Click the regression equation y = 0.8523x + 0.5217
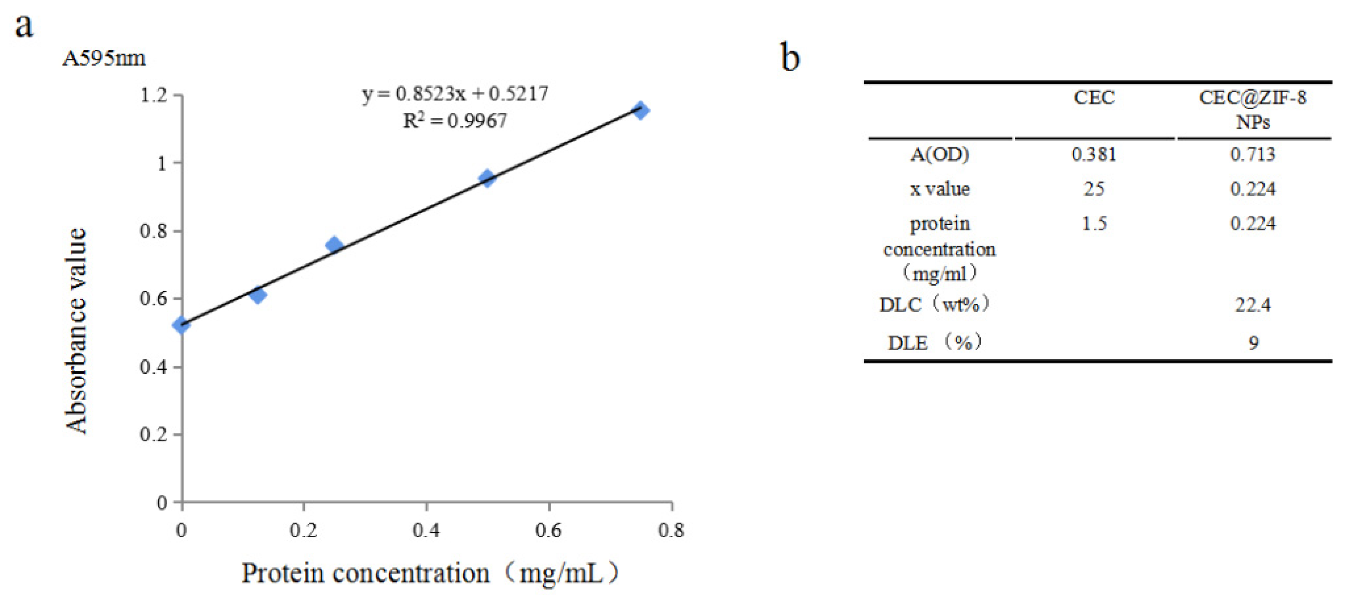pos(455,94)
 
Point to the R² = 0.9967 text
pos(455,121)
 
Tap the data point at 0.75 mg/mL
pos(640,110)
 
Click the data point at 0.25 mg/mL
pos(334,245)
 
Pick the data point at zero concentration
pos(181,324)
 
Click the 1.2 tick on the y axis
pos(154,96)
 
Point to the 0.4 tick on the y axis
pos(154,367)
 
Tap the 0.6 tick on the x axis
pos(548,530)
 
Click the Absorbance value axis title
pos(76,331)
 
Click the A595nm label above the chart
pos(103,58)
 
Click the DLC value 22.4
pos(1253,305)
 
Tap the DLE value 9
pos(1253,343)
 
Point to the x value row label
pos(939,189)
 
